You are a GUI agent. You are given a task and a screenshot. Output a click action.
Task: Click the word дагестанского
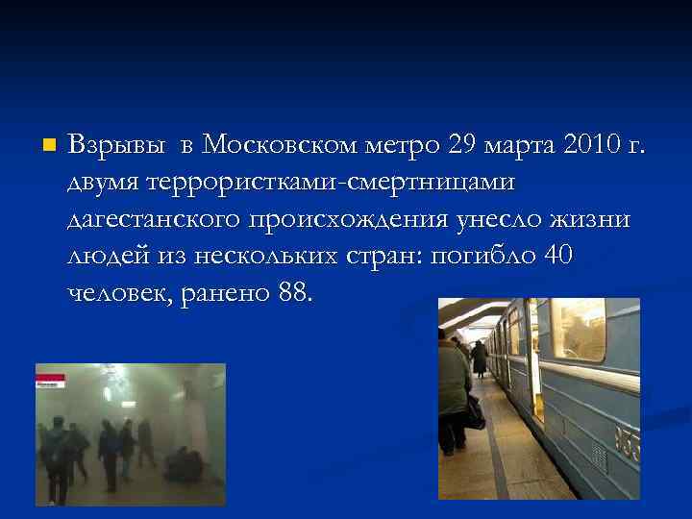click(159, 220)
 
